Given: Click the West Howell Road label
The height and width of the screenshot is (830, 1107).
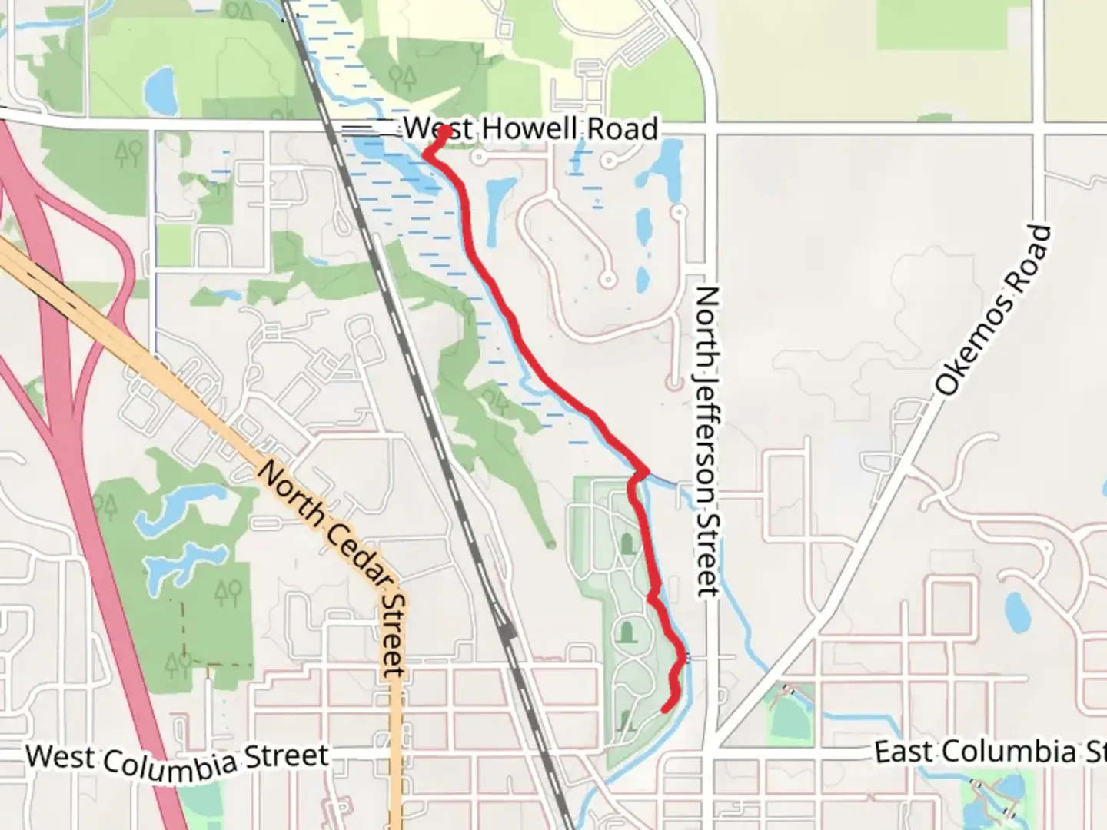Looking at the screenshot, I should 530,128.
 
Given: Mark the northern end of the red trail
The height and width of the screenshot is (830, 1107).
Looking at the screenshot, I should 444,131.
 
